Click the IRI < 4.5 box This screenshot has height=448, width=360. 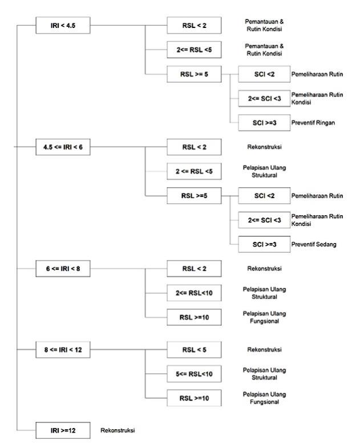(x=63, y=26)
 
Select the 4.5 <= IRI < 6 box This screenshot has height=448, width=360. (x=63, y=147)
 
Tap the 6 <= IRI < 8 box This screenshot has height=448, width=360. (x=63, y=269)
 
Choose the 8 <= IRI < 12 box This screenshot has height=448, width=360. (x=63, y=350)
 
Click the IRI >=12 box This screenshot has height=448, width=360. (x=63, y=430)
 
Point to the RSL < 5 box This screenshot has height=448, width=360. (x=194, y=350)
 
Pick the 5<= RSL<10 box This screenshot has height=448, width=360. (x=194, y=374)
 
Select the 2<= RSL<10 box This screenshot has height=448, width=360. (x=194, y=293)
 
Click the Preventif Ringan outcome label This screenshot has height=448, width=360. (x=313, y=123)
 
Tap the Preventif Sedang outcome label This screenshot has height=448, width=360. (x=314, y=245)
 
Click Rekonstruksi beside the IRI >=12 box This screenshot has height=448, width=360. (x=118, y=430)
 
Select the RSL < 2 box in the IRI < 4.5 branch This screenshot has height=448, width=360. (x=194, y=26)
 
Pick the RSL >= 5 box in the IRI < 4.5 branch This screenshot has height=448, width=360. (x=194, y=74)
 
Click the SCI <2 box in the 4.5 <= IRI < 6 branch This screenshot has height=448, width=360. (x=264, y=196)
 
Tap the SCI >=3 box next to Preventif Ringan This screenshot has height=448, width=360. (x=264, y=123)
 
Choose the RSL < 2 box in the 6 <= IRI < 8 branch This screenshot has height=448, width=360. (x=194, y=269)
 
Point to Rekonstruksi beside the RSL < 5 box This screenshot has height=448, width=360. (x=264, y=350)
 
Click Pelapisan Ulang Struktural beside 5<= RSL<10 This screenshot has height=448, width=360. (x=264, y=374)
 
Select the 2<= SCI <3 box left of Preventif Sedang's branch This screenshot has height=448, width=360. (x=264, y=220)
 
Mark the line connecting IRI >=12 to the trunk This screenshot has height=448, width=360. (x=26, y=430)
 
